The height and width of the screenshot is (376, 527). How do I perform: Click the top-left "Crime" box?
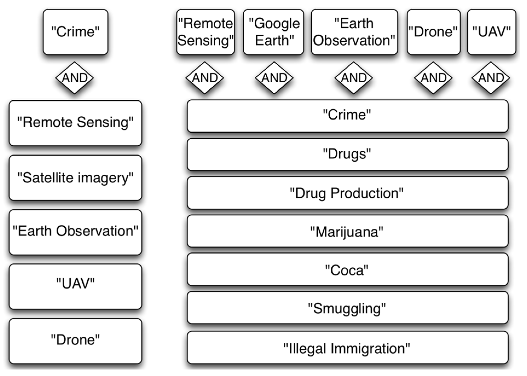coord(75,32)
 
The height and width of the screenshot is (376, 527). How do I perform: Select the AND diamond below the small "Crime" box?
coord(74,78)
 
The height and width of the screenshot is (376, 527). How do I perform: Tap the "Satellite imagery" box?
coord(75,178)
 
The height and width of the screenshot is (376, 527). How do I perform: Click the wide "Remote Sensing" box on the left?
coord(75,123)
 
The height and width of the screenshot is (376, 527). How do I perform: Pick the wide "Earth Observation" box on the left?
coord(75,232)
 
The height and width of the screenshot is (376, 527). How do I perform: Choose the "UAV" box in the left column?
coord(75,286)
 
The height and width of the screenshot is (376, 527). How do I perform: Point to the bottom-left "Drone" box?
coord(75,341)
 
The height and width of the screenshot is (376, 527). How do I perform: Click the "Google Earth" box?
coord(274,32)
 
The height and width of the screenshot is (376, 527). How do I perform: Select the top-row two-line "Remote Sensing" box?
coord(205,32)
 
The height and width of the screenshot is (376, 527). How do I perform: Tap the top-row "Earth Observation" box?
coord(354,32)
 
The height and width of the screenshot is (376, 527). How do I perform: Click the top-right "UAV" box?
coord(491,32)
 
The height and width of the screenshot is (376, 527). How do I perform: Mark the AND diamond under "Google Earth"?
coord(274,78)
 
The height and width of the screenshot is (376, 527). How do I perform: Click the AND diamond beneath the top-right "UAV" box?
coord(491,78)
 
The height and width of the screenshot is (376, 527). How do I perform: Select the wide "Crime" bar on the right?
coord(348,116)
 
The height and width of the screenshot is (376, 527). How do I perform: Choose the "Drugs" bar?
coord(348,154)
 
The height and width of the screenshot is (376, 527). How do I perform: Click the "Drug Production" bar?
coord(348,193)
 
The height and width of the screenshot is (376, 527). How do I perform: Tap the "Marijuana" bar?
coord(348,231)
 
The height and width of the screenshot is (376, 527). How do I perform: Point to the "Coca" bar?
coord(348,269)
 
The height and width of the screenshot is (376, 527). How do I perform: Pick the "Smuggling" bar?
coord(348,308)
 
